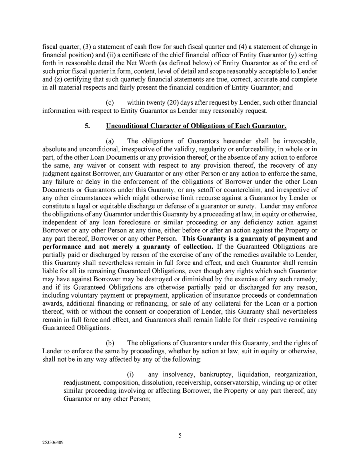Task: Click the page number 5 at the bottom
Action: [180, 436]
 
